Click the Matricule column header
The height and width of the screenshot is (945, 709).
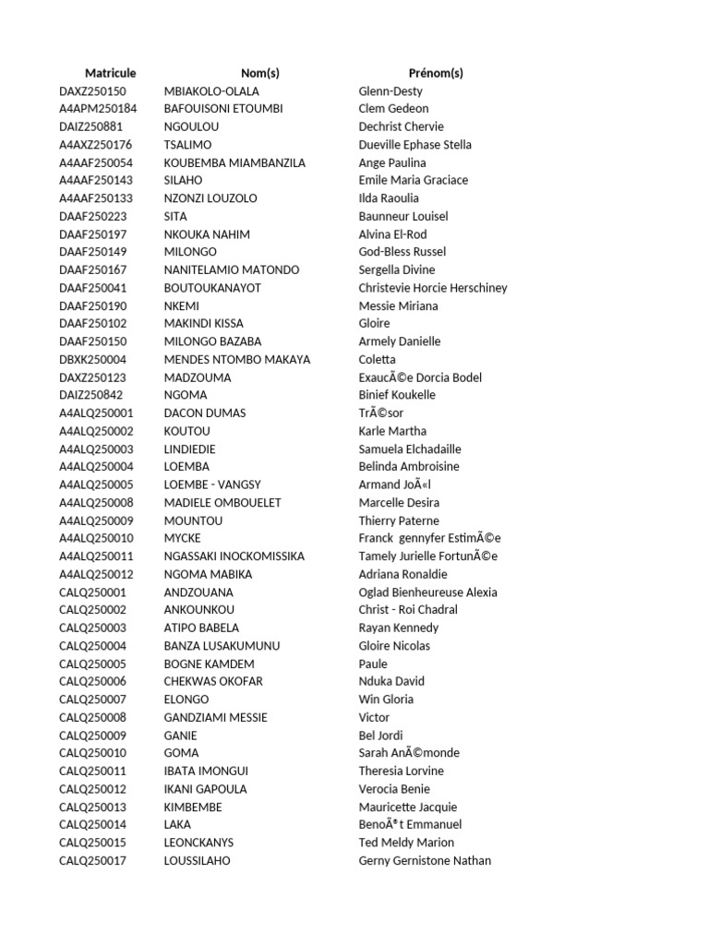(110, 73)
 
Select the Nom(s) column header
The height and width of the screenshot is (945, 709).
(259, 73)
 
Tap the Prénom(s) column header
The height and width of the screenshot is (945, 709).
(436, 73)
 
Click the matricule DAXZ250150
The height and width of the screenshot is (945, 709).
(92, 91)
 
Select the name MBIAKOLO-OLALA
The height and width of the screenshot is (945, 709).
(211, 91)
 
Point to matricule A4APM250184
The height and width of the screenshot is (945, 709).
(98, 109)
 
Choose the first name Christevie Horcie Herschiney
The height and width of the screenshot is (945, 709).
(433, 288)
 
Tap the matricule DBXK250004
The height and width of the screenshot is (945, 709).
(93, 360)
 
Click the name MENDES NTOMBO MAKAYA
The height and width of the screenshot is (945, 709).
(237, 360)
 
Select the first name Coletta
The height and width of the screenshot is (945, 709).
(377, 360)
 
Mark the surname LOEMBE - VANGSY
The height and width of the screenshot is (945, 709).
(212, 484)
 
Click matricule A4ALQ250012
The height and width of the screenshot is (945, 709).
(96, 574)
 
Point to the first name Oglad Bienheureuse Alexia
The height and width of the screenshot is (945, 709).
(427, 592)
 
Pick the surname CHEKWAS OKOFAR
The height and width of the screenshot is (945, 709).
(213, 681)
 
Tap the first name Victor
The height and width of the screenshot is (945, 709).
(374, 717)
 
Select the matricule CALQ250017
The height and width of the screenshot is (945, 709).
(92, 861)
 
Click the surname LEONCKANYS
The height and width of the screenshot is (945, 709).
(198, 843)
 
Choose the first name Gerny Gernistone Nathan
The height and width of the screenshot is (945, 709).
(425, 861)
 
